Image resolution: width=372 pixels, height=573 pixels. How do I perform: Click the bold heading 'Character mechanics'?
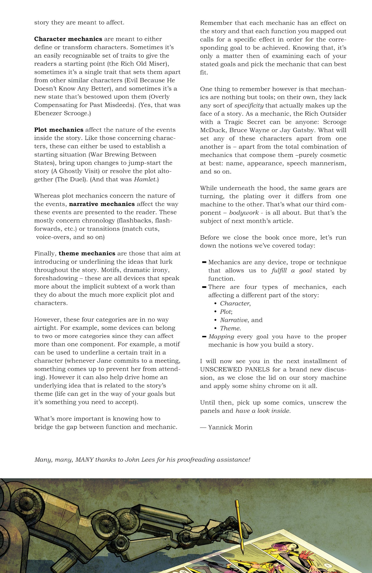(x=68, y=39)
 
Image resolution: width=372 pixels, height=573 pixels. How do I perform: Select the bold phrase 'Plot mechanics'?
(x=59, y=130)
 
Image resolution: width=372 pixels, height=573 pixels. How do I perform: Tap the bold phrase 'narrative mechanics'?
(x=102, y=204)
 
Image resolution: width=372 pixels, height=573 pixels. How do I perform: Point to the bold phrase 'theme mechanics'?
(x=87, y=253)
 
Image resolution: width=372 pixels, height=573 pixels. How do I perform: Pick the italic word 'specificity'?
(x=249, y=106)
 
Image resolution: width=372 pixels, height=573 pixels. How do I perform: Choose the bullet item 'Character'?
(x=235, y=304)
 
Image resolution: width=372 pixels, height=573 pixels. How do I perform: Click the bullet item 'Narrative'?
(x=234, y=320)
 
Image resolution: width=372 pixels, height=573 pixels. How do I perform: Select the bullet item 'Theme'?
(x=230, y=328)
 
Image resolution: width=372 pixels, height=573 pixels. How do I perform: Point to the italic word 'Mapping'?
(x=221, y=337)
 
